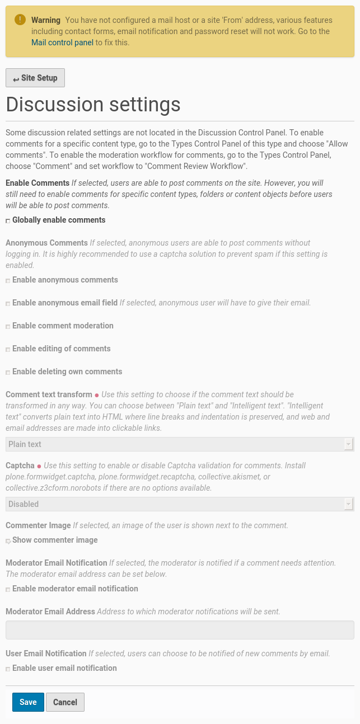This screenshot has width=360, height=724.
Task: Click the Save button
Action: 28,702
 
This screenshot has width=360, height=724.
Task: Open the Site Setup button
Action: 35,78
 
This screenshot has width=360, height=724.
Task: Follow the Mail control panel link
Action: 62,42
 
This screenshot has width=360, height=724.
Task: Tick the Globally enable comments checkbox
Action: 8,221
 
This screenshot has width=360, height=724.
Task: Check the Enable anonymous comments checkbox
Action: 8,281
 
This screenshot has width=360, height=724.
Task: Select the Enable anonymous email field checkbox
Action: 8,304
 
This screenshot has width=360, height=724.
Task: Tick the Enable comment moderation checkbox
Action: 8,327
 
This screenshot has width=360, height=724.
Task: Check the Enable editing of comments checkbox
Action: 8,350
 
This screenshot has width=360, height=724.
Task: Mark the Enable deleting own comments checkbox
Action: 8,373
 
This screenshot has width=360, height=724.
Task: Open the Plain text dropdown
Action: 180,444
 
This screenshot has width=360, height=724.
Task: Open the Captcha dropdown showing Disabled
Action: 180,504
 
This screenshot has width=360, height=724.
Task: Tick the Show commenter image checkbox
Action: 8,541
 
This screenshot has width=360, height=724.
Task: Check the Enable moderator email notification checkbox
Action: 8,590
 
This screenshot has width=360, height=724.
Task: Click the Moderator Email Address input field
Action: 180,629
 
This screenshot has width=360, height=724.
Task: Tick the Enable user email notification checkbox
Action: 8,669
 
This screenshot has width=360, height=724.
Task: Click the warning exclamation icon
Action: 20,20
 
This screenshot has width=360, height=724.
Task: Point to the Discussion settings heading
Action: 93,105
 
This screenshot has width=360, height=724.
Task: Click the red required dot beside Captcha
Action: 39,466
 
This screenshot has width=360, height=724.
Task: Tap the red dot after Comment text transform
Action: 97,395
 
